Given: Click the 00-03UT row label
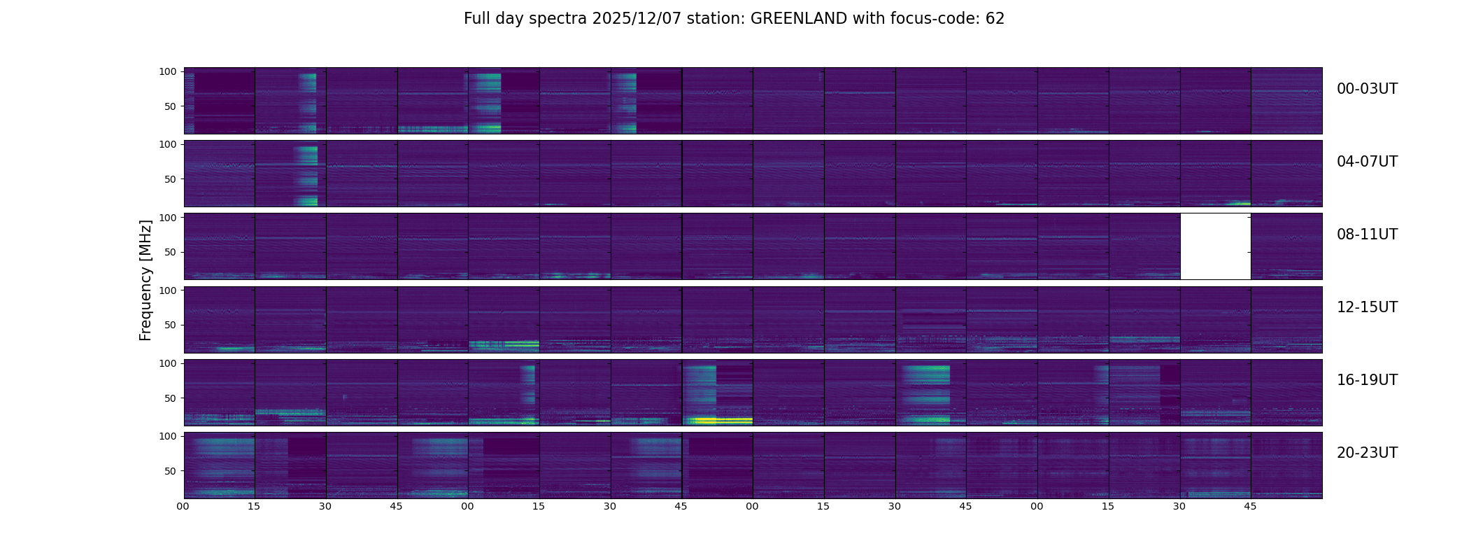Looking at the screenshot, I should [1367, 89].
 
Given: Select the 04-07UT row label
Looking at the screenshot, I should [1367, 162].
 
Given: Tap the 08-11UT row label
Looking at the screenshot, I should [1367, 234].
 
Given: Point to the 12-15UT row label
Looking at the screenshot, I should [1367, 307].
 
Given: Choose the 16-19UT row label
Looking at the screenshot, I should [1367, 380].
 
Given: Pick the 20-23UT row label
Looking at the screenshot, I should [1367, 453].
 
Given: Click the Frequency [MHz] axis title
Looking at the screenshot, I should [146, 280].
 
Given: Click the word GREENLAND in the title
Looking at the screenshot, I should [799, 19].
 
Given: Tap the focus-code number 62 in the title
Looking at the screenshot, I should [995, 19].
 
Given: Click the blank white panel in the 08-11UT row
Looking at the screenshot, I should [1215, 246].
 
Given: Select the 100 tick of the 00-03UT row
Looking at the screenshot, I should [168, 71].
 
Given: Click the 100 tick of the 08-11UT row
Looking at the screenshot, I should [168, 218].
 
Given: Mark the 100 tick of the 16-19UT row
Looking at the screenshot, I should [168, 363].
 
